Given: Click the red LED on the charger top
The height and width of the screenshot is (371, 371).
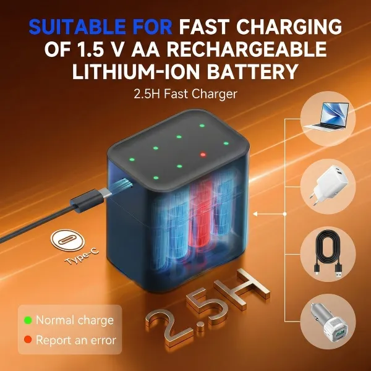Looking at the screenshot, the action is click(203, 155).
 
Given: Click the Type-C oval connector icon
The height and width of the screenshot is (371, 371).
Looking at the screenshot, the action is click(67, 241).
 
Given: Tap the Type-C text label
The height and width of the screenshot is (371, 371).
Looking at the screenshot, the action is click(82, 257).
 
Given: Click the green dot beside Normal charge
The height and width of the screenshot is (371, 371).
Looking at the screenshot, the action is click(28, 320).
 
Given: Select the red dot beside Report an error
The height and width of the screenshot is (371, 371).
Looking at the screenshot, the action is click(28, 339).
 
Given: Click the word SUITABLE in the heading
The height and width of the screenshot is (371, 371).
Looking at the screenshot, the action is click(77, 27).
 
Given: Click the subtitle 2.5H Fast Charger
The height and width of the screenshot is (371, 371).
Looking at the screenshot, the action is click(185, 94).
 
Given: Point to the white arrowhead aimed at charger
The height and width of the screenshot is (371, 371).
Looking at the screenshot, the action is click(255, 214).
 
